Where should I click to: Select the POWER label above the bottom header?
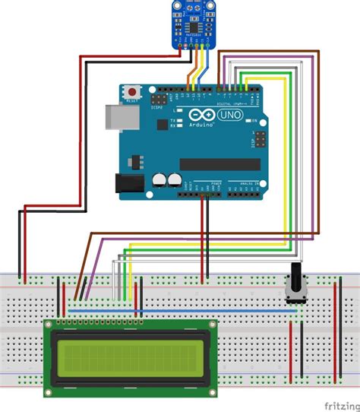coord(215,185)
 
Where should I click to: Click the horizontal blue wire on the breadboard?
coord(182,310)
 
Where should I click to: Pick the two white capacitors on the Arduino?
coord(166,180)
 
